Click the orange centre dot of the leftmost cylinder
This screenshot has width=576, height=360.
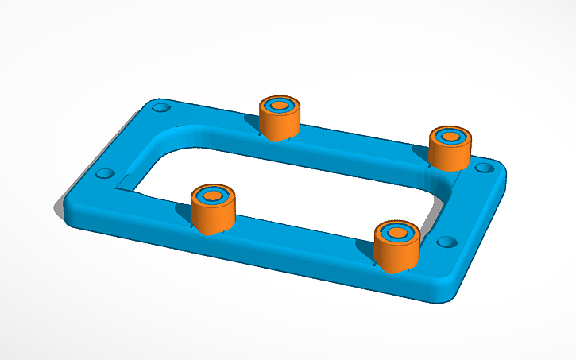[x=212, y=195]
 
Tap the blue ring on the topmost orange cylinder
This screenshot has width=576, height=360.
[x=271, y=105]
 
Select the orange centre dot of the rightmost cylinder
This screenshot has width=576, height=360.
[x=450, y=137]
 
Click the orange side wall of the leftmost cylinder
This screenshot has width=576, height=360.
[x=213, y=216]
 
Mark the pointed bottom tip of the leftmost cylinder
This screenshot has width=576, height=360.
[x=208, y=235]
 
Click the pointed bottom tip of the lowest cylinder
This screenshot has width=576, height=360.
[x=393, y=273]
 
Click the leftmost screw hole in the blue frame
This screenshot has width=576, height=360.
[x=102, y=174]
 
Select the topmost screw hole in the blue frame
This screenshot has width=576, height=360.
[x=161, y=106]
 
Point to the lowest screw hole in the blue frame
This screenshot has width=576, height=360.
[x=445, y=242]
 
